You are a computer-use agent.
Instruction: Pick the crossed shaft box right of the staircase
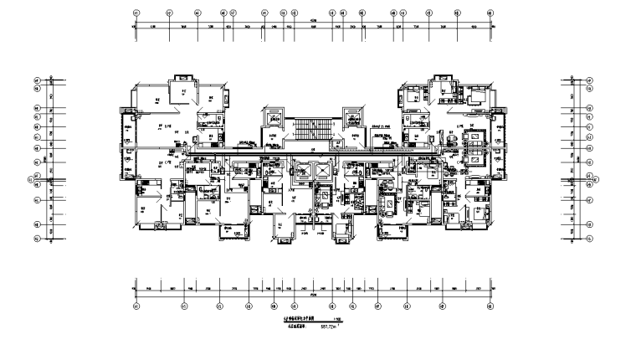pyautogui.click(x=351, y=117)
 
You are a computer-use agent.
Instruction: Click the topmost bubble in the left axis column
pyautogui.click(x=36, y=80)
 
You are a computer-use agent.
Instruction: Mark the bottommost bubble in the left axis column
pyautogui.click(x=36, y=239)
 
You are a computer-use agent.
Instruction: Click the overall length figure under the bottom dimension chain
pyautogui.click(x=313, y=295)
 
